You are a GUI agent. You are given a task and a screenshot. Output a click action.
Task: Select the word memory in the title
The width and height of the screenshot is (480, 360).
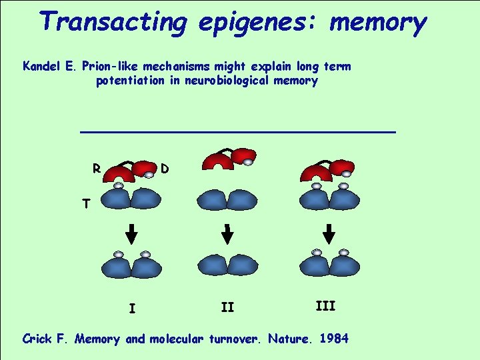[x=378, y=23]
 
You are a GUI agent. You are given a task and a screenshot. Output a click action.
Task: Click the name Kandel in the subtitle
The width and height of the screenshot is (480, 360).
[x=43, y=67]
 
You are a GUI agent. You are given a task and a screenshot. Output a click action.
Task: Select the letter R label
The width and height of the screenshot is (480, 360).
[x=97, y=169]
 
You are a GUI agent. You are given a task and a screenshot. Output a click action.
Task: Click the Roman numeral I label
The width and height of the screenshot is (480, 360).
[x=132, y=309]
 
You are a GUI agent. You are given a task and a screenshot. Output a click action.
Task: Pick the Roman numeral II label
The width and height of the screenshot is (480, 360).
[x=227, y=307]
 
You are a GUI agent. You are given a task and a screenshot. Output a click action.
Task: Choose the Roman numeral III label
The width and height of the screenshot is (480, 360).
[x=325, y=306]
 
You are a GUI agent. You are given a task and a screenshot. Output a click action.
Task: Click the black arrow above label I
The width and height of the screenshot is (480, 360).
[x=131, y=233]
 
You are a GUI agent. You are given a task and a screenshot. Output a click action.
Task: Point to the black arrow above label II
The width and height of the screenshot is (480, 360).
[x=227, y=233]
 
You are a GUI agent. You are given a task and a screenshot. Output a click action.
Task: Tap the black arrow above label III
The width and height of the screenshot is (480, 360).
[x=328, y=233]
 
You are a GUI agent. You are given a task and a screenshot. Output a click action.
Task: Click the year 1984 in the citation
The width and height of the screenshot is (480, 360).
[x=333, y=339]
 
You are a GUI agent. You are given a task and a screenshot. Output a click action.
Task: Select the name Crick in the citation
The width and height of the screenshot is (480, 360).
[x=39, y=339]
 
